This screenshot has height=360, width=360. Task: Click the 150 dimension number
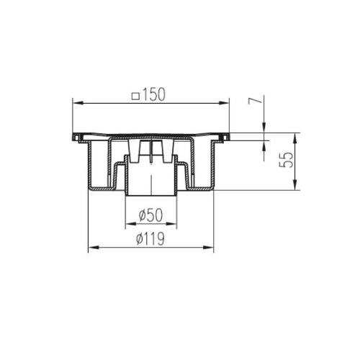click(x=154, y=94)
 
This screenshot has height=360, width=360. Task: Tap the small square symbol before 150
click(x=136, y=96)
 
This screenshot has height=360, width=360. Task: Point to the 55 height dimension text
click(x=287, y=159)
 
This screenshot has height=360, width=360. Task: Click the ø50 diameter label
click(x=150, y=215)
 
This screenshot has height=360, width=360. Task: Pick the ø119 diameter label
click(x=150, y=238)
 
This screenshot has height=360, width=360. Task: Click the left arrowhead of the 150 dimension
click(x=78, y=103)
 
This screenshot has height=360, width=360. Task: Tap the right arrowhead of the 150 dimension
click(x=224, y=103)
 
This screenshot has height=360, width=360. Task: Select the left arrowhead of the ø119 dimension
click(x=94, y=248)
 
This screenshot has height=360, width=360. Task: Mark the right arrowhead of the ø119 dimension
click(x=208, y=248)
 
